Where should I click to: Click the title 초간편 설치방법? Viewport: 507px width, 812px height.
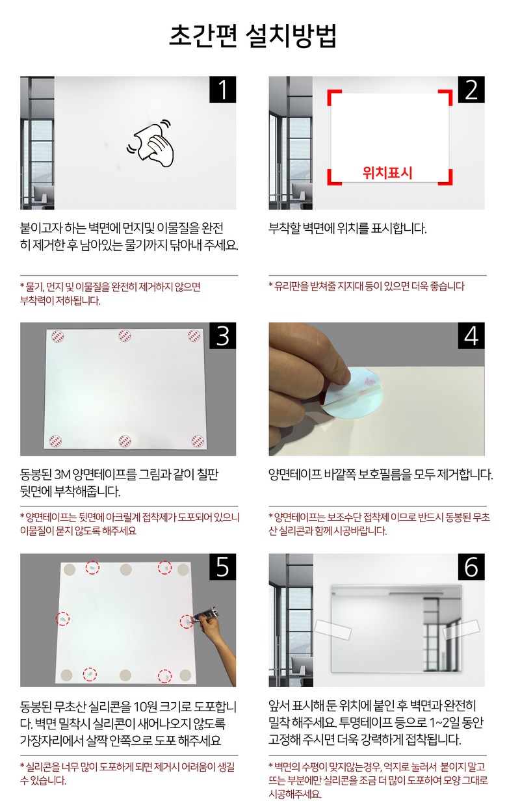click(253, 36)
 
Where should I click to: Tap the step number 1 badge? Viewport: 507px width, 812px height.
click(222, 90)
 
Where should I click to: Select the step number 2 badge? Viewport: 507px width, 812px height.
click(471, 90)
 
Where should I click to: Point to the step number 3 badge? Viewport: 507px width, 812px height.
click(222, 335)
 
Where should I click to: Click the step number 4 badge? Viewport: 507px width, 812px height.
click(471, 335)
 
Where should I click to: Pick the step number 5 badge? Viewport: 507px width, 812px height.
click(222, 567)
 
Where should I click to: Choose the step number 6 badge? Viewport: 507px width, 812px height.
click(471, 567)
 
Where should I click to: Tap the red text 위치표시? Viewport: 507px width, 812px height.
click(387, 173)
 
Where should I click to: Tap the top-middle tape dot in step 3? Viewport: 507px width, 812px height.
click(125, 336)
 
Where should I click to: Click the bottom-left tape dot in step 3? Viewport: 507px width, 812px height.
click(55, 441)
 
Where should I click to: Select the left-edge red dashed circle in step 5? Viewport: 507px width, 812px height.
click(63, 619)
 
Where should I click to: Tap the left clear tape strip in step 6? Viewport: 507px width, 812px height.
click(333, 629)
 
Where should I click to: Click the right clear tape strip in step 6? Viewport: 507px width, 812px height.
click(461, 629)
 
